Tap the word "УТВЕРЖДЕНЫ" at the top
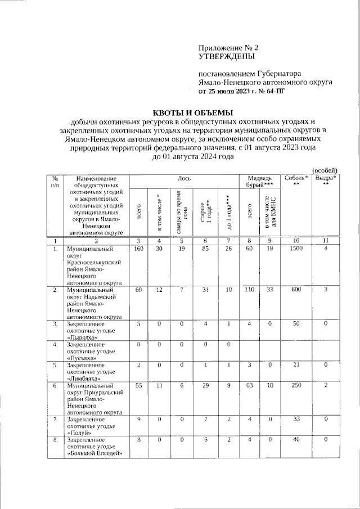click(227, 57)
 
